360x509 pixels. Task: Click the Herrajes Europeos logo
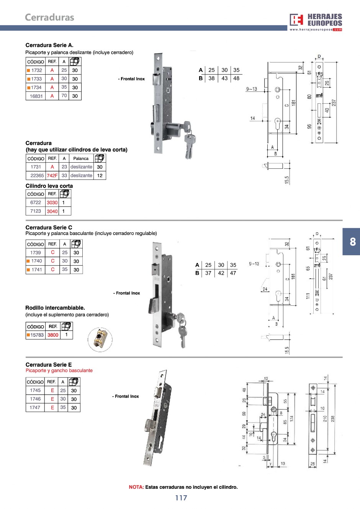point(316,21)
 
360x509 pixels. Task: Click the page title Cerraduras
point(49,17)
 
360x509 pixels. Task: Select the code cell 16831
point(36,96)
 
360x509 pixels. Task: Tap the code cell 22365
point(37,176)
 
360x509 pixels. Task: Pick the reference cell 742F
point(52,176)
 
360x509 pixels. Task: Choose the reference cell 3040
point(52,211)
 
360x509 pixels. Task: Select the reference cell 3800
point(53,335)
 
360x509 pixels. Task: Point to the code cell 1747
point(35,408)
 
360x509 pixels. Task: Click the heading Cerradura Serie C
point(49,227)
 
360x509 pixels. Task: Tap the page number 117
point(181,498)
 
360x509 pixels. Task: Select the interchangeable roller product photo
point(100,339)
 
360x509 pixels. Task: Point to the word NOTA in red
point(136,487)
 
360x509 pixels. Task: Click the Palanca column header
point(81,158)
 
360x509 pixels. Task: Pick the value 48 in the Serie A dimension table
point(236,78)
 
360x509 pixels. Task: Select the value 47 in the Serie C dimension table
point(233,273)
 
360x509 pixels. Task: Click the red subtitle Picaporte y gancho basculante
point(59,370)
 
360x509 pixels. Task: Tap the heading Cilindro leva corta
point(49,186)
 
